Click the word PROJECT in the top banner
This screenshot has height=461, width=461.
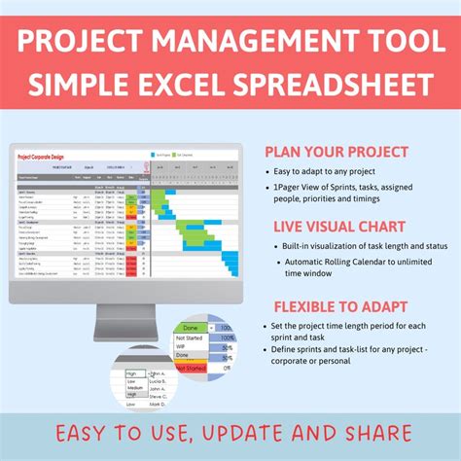pos(115,45)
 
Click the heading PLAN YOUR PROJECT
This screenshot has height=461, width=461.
pos(337,152)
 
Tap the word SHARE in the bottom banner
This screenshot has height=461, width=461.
pos(375,434)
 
